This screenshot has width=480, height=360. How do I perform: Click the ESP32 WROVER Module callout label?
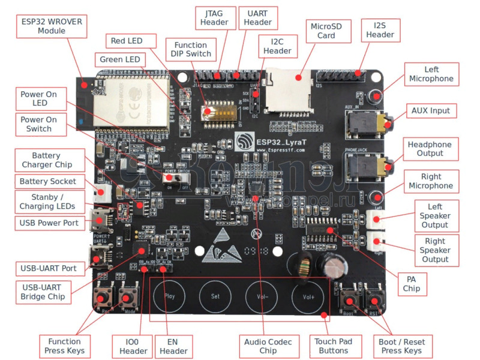(52, 25)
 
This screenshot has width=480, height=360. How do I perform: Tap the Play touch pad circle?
(170, 296)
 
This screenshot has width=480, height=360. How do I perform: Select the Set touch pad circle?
(216, 296)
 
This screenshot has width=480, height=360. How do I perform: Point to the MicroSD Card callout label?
(330, 31)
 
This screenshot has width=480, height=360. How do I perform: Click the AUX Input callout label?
(431, 111)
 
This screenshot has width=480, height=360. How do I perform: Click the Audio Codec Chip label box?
(268, 346)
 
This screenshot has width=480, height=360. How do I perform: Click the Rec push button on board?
(104, 298)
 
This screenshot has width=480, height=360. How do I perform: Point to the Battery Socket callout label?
(47, 181)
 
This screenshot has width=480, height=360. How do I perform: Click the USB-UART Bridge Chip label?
(43, 292)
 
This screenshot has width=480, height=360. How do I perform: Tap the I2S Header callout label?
(383, 29)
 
